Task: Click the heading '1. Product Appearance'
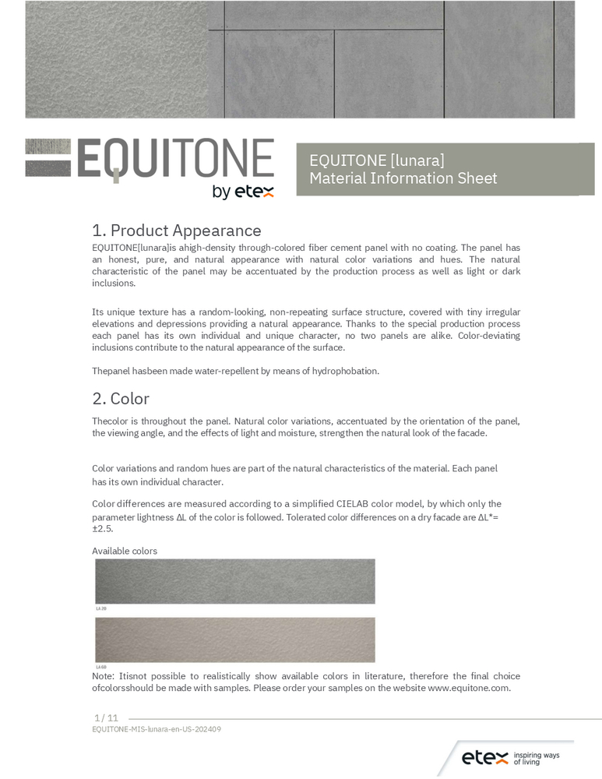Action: (x=176, y=231)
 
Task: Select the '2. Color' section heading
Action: (x=121, y=399)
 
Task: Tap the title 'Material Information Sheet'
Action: (x=403, y=178)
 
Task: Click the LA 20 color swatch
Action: (x=234, y=580)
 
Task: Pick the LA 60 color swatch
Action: (x=234, y=640)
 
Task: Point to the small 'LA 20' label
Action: (x=100, y=608)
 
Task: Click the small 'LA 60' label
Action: (x=100, y=668)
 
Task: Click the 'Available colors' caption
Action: (x=125, y=551)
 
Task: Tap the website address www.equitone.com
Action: (x=469, y=688)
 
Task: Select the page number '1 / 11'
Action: (x=106, y=717)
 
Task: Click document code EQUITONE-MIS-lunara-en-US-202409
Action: (x=157, y=729)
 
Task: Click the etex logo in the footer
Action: (x=484, y=757)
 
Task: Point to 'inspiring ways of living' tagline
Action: (x=537, y=758)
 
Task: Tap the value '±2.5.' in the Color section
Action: (x=103, y=529)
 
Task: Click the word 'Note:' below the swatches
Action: (x=104, y=676)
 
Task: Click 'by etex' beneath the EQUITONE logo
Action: (x=243, y=192)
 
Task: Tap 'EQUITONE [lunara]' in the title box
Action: (x=377, y=160)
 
